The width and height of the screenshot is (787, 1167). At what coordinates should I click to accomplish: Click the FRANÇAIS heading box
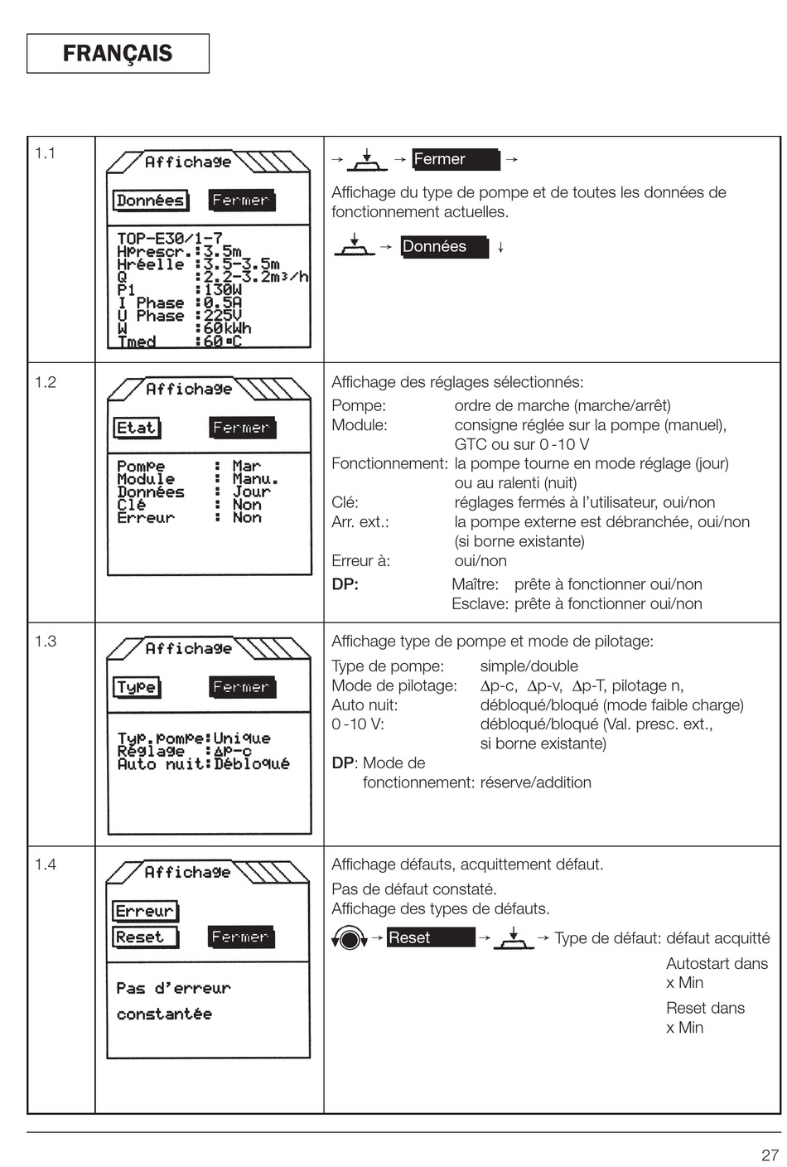[118, 54]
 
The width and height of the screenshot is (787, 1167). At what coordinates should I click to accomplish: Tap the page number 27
[770, 1155]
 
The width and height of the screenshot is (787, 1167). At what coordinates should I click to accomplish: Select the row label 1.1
[46, 153]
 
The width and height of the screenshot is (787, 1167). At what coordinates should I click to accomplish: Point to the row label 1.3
[46, 641]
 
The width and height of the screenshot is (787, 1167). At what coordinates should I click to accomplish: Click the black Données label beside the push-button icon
[443, 247]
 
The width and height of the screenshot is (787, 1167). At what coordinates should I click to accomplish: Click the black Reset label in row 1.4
[430, 937]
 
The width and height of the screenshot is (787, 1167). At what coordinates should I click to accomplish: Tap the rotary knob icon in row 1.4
[350, 938]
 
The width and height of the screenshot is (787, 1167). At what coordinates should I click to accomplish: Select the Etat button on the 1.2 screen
[137, 429]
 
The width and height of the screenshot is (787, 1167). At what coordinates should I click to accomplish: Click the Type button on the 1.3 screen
[137, 687]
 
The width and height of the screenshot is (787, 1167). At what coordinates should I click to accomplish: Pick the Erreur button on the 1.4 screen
[145, 911]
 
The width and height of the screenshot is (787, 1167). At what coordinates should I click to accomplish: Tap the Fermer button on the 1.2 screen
[241, 429]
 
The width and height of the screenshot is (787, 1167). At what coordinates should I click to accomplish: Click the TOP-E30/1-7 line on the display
[169, 239]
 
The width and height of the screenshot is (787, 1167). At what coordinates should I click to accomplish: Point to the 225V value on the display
[222, 316]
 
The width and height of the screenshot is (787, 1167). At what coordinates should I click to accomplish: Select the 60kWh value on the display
[227, 328]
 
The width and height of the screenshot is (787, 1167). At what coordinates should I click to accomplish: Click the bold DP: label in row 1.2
[345, 584]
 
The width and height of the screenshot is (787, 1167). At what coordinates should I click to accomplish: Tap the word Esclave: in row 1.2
[480, 604]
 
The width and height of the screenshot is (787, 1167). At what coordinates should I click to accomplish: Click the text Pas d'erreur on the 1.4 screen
[173, 988]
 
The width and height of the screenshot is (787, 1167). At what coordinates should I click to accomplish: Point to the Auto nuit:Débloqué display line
[203, 764]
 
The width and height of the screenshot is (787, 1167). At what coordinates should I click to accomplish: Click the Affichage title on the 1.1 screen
[188, 162]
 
